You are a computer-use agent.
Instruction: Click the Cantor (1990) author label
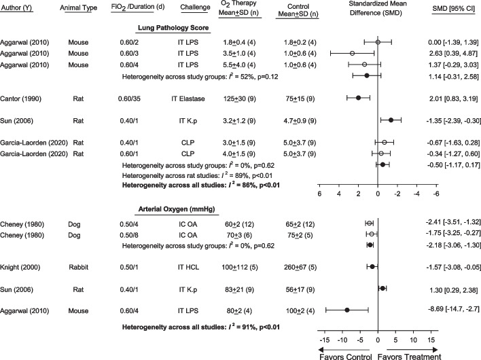24,98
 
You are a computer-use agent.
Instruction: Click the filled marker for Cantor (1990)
358,98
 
